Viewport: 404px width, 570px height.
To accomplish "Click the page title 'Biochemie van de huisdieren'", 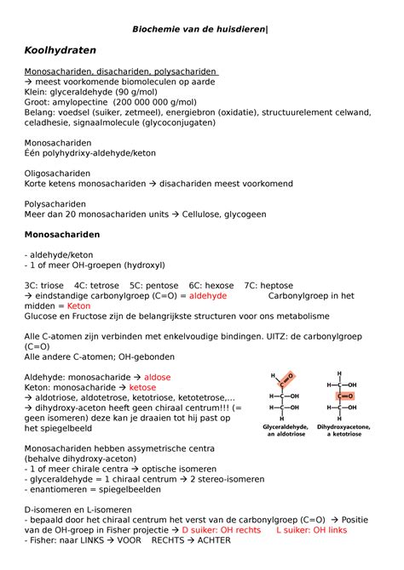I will pos(199,30).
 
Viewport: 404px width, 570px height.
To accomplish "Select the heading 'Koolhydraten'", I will pos(61,51).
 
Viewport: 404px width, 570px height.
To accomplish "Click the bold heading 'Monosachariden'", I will pos(62,234).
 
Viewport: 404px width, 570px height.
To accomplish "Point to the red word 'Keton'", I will pos(78,305).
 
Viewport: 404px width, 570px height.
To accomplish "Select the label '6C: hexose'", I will pos(211,285).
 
